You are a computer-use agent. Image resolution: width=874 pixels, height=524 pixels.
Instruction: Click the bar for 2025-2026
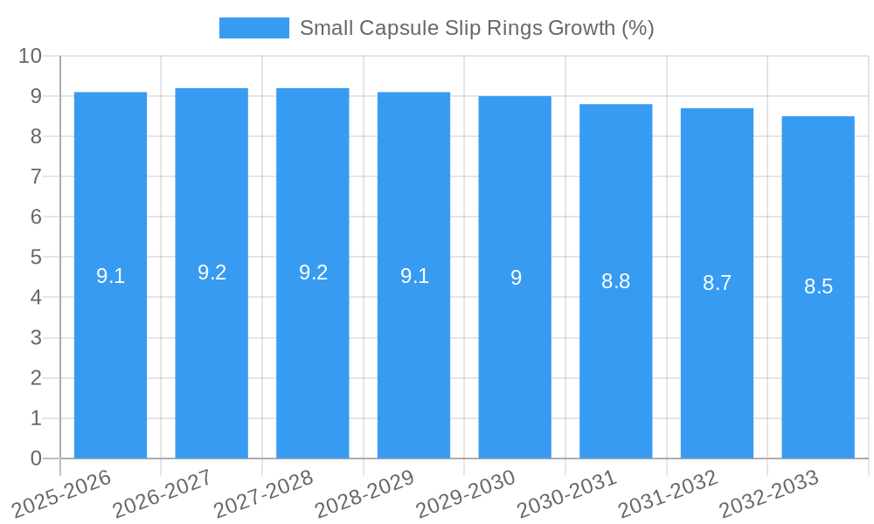coord(110,349)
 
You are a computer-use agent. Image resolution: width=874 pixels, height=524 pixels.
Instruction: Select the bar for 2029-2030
coord(515,349)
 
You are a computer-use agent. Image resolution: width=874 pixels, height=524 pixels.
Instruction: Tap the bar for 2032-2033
coord(818,349)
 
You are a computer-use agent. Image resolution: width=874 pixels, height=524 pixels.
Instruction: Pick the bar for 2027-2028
coord(313,349)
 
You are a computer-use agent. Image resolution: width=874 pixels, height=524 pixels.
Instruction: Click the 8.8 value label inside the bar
coord(615,281)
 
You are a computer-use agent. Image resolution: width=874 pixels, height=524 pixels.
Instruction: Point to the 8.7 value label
coord(717,283)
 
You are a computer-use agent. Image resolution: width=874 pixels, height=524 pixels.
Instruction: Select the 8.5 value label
coord(818,286)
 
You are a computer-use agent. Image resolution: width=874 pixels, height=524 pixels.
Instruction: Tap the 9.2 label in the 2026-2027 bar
coord(212,272)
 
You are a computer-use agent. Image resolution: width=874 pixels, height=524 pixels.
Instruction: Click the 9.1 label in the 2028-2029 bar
coord(414,276)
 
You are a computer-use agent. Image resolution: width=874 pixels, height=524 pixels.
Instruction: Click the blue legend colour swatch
coord(253,28)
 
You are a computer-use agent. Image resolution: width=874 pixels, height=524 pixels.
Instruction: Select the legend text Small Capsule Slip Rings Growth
coord(476,28)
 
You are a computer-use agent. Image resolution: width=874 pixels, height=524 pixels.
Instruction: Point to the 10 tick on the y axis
coord(30,56)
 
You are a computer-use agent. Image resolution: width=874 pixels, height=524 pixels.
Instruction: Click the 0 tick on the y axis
coord(36,458)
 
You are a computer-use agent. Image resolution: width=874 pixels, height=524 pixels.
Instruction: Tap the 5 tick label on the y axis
coord(36,258)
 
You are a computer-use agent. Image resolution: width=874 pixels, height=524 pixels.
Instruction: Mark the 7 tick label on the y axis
coord(36,176)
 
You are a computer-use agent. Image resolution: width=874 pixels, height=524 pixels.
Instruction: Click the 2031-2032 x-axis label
coord(669,494)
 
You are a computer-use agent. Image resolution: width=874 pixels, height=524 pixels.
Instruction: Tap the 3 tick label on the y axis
coord(36,338)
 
